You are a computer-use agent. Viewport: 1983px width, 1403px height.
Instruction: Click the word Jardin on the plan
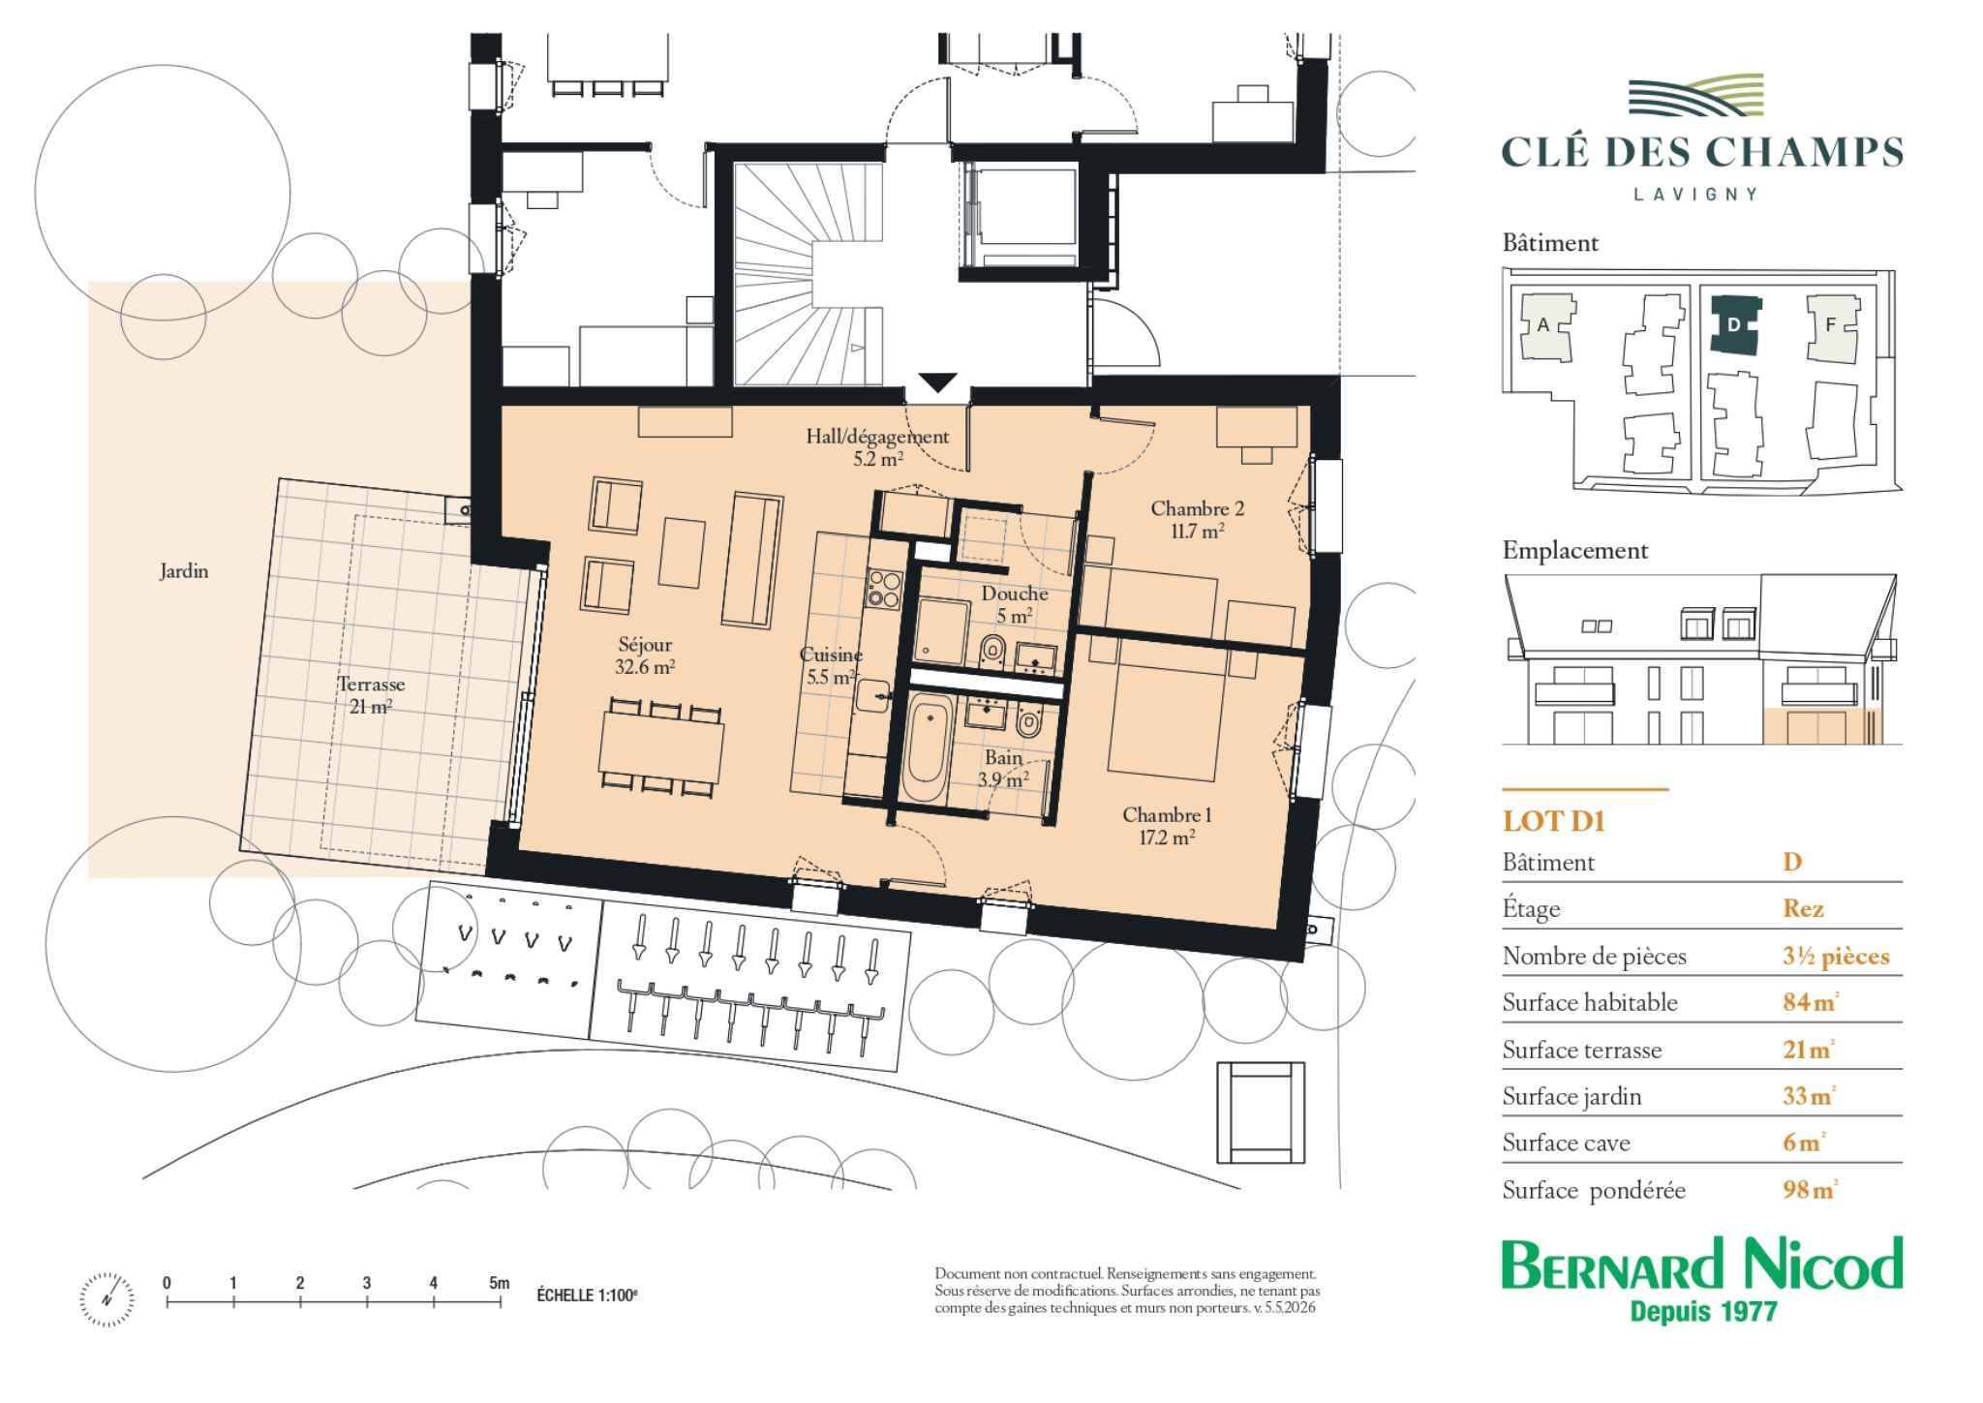click(184, 571)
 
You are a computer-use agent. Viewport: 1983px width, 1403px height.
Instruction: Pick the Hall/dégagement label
click(877, 437)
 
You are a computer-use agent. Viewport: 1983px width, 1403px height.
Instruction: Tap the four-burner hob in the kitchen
click(884, 588)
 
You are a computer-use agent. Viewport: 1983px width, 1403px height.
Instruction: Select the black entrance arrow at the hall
click(936, 382)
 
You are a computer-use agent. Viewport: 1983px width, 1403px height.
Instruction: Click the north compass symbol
click(107, 1298)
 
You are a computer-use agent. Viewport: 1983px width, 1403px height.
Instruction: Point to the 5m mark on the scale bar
click(499, 1283)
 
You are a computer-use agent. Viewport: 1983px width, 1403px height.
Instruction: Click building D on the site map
click(1734, 325)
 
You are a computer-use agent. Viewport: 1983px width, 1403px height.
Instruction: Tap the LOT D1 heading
click(1553, 821)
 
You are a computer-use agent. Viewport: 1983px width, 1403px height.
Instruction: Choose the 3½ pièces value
click(1836, 956)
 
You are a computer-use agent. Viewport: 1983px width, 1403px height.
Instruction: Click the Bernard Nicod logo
click(1701, 1278)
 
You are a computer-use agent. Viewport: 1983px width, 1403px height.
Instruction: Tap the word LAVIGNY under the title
click(1695, 194)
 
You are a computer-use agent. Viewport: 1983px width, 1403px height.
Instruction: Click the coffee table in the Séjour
click(683, 553)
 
